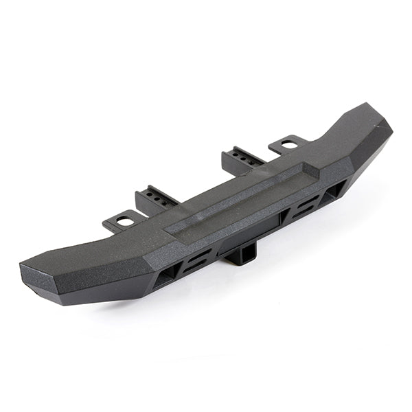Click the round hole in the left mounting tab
pos(125,221)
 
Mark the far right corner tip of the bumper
pos(387,128)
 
